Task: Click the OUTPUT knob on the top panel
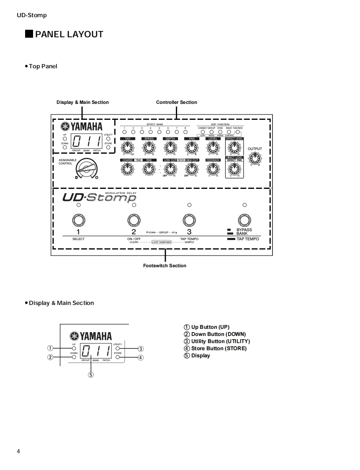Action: pos(255,158)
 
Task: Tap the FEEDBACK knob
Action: pos(213,169)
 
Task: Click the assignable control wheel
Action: pos(86,168)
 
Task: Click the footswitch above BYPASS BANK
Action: pos(244,220)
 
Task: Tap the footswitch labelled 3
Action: pos(189,220)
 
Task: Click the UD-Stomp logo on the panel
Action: pos(99,197)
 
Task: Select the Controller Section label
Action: pos(176,102)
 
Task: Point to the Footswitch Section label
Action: pos(165,266)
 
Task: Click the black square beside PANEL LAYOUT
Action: pos(29,34)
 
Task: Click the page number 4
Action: pos(18,451)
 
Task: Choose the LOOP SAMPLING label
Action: pos(162,242)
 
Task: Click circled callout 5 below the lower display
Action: pos(90,375)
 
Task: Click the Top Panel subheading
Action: pos(43,66)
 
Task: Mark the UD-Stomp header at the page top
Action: pos(32,15)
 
